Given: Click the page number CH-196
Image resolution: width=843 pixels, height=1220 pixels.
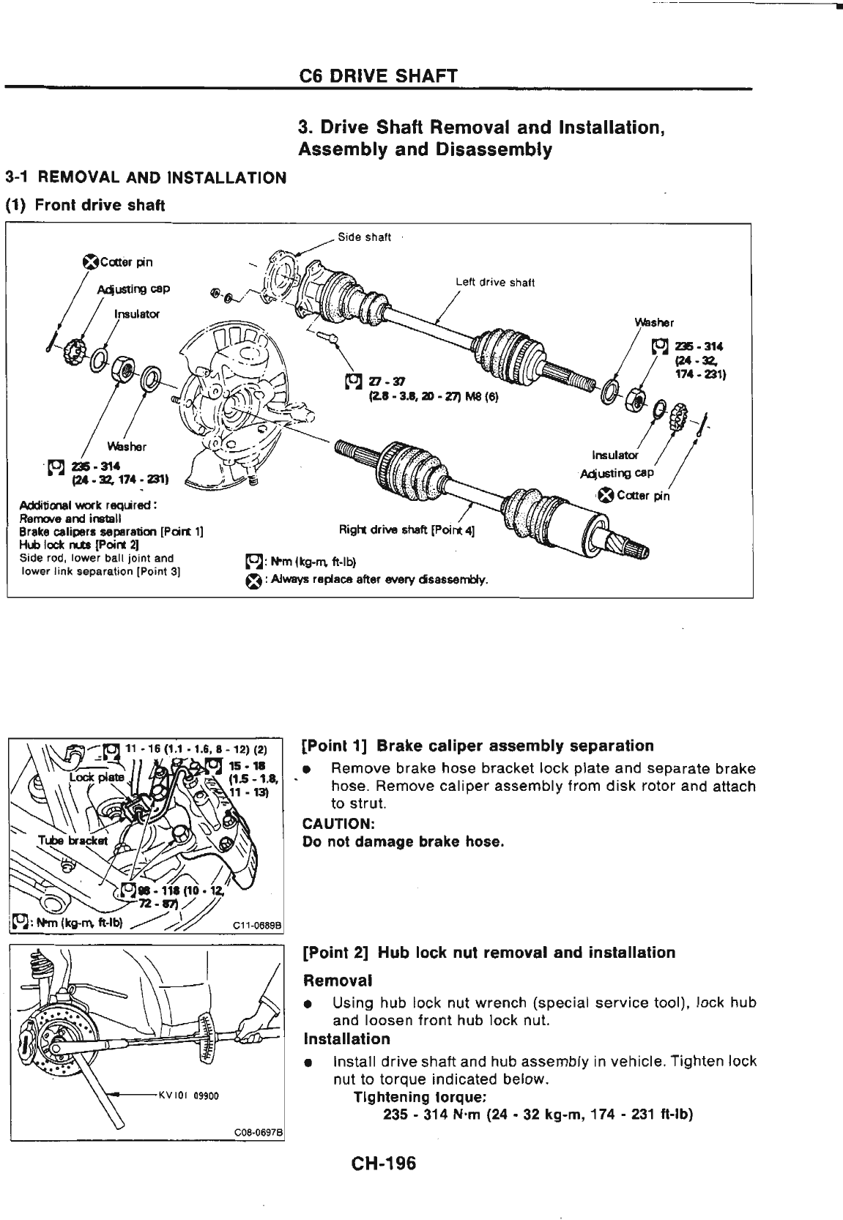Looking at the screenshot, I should [x=383, y=1163].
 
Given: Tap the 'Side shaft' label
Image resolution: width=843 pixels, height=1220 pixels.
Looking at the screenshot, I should [x=364, y=237].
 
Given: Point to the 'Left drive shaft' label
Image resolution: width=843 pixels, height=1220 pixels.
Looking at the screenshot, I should [x=495, y=282].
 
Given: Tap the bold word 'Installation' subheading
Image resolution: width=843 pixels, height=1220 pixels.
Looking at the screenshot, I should [x=347, y=1039].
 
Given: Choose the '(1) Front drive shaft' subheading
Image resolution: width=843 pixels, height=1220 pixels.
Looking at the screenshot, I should [x=85, y=206].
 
